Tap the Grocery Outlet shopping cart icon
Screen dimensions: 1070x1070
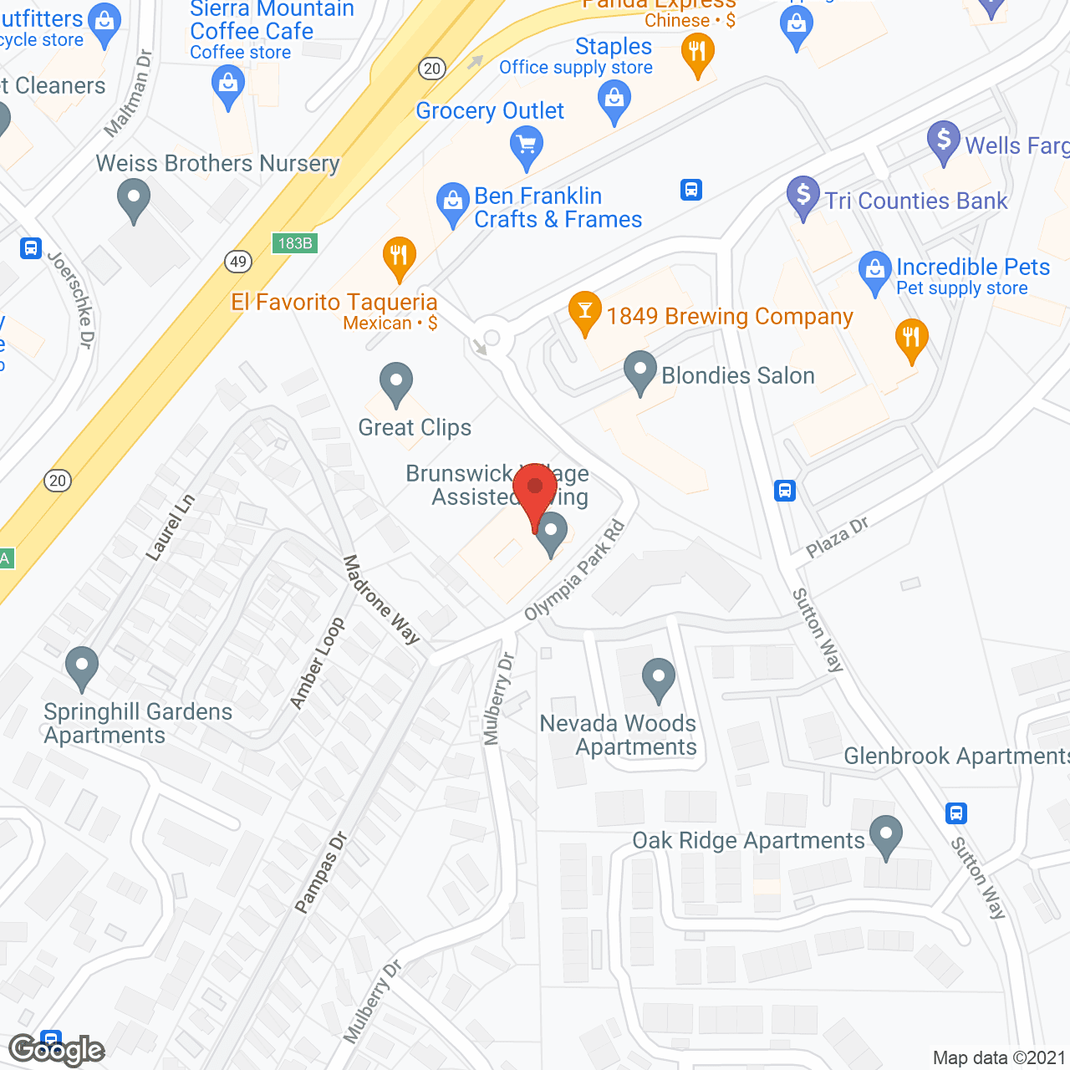(x=527, y=145)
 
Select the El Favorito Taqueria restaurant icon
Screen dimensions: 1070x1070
(x=399, y=256)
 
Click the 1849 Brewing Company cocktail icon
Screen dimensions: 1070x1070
(x=585, y=311)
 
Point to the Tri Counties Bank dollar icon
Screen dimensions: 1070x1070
(x=802, y=196)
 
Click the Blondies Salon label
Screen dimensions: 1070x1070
(x=737, y=375)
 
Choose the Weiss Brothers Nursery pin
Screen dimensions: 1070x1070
(x=134, y=200)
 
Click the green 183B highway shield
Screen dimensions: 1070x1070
(x=295, y=243)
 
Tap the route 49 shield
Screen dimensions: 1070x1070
(x=238, y=262)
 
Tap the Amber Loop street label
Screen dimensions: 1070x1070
(x=318, y=663)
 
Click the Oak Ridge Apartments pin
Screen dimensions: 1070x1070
(x=886, y=835)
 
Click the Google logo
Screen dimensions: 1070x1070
(x=57, y=1050)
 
